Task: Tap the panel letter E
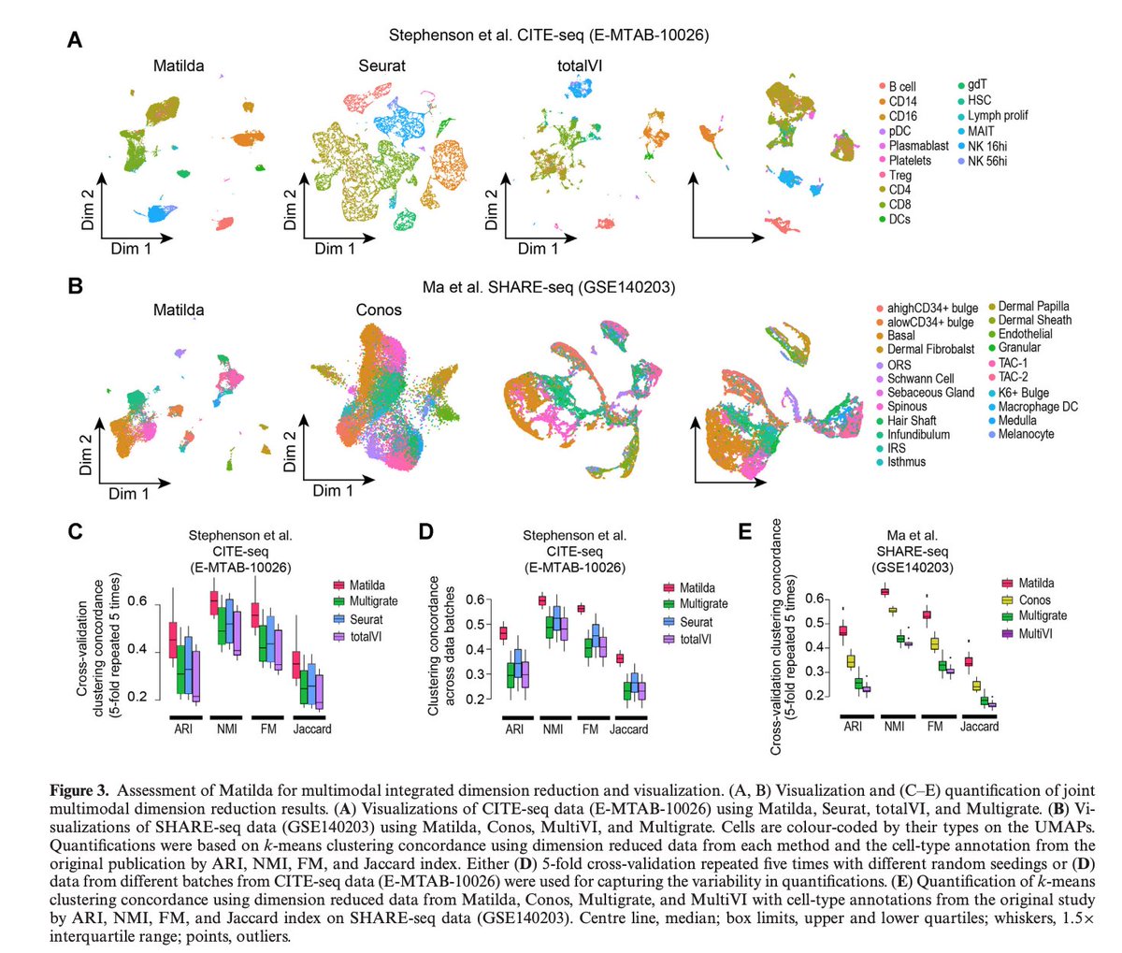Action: tap(745, 532)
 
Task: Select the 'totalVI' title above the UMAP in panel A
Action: tap(580, 65)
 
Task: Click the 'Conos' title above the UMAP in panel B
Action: tap(379, 310)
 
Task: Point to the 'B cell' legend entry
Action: tap(901, 86)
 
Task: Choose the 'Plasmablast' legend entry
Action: tap(917, 146)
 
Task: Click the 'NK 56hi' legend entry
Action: tap(987, 161)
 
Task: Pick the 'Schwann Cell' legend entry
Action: tap(920, 379)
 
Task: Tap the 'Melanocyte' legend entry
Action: tap(1026, 434)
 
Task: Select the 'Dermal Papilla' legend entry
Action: tap(1033, 306)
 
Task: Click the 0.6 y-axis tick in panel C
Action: tap(137, 601)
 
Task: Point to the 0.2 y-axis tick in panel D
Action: tap(475, 699)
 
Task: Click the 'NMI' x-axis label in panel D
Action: tap(554, 729)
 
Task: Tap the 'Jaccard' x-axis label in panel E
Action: tap(979, 726)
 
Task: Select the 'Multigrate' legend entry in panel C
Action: tap(373, 601)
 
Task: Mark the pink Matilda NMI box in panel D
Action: tap(542, 601)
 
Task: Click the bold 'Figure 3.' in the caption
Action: tap(81, 790)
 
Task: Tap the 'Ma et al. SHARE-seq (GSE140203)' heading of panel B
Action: tap(561, 285)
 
